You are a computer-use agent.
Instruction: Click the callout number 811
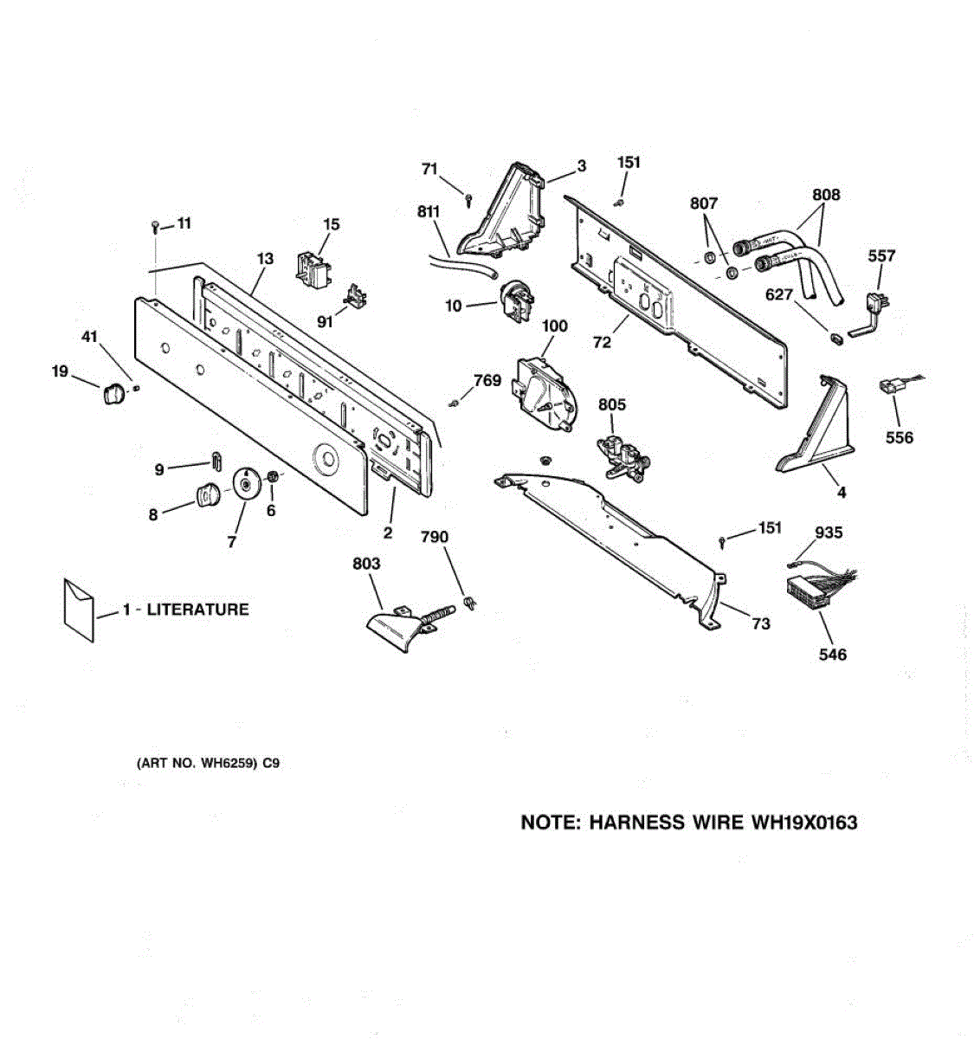coord(428,211)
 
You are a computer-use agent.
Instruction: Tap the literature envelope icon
coord(79,610)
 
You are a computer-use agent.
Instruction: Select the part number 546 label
coord(832,655)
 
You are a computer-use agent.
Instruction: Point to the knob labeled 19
coord(113,394)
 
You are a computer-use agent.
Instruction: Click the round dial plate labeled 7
coord(247,483)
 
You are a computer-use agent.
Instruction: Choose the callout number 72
coord(602,342)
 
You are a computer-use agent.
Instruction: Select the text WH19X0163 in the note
coord(801,823)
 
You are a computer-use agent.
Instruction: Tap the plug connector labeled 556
coord(892,387)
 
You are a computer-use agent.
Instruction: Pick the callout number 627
coord(779,295)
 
